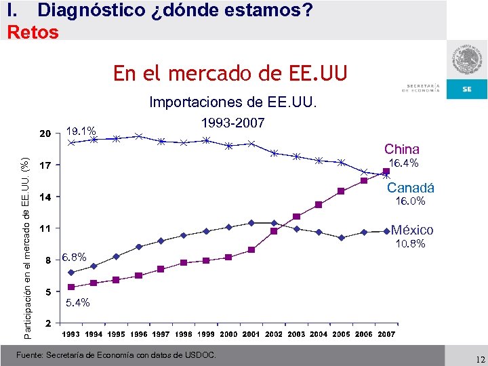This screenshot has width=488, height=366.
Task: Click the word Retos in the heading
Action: tap(33, 31)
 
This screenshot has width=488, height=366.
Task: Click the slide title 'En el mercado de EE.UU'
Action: tap(230, 73)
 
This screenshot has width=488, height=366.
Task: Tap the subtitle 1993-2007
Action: tap(234, 123)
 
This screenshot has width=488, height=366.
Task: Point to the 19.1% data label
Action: tap(81, 131)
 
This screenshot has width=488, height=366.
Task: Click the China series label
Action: tap(402, 149)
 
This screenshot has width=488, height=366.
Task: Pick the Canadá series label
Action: tap(411, 188)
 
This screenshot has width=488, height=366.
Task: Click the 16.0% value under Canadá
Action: tap(411, 201)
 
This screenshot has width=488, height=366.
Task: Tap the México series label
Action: tap(412, 230)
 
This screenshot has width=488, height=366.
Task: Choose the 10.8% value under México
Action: tap(410, 244)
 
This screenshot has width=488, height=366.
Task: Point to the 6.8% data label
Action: tap(74, 258)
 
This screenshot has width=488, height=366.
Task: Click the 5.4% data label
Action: tap(77, 302)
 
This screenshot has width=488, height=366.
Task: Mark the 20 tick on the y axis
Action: tap(44, 134)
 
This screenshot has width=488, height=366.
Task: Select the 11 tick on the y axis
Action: tap(44, 228)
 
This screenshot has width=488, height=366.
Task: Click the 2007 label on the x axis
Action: tap(386, 334)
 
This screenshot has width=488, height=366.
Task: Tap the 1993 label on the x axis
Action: tap(71, 334)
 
